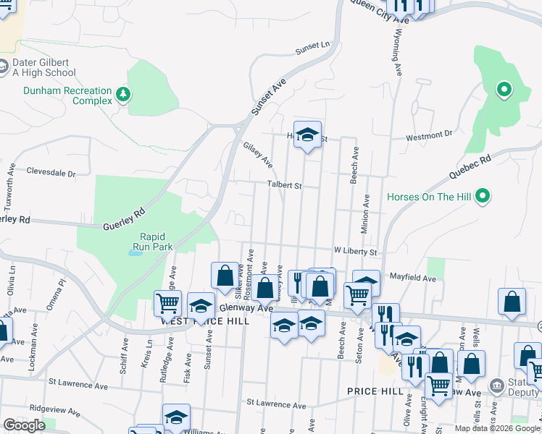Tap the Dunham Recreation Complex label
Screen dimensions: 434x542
click(67, 95)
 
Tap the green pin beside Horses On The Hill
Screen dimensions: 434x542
click(484, 196)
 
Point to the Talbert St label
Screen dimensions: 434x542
click(284, 185)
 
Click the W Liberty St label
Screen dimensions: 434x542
click(355, 252)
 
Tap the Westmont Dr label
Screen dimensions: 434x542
click(428, 135)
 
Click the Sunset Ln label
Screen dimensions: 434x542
click(312, 48)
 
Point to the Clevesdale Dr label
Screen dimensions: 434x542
click(51, 174)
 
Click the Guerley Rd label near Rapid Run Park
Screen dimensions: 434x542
click(129, 216)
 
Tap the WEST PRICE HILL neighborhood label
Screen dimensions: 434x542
click(205, 320)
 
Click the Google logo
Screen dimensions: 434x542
click(24, 425)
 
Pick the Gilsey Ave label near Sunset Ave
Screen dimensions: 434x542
click(258, 152)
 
